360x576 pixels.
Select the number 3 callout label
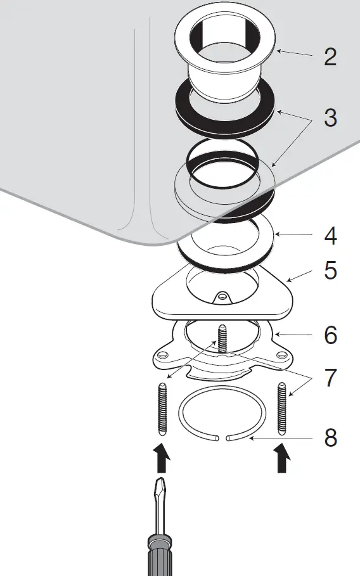(330, 118)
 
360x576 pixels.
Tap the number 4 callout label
(330, 236)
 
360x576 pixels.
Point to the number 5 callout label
(330, 271)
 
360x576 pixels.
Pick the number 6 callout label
(330, 335)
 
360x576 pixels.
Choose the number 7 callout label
(330, 378)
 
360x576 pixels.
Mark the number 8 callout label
(330, 438)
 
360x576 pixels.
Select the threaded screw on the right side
(282, 409)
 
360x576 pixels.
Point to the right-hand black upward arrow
(282, 459)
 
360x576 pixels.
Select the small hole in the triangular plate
(222, 295)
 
